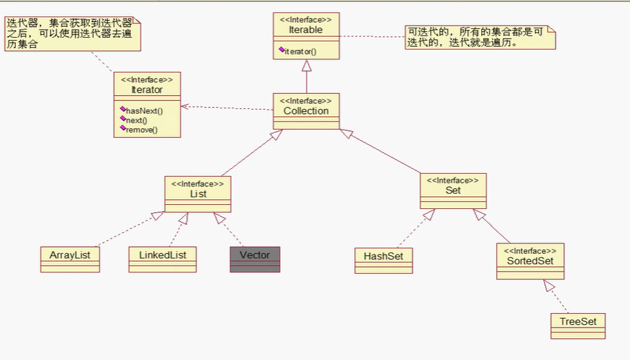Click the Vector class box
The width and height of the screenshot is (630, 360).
pos(255,259)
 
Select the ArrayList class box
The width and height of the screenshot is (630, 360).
pos(70,259)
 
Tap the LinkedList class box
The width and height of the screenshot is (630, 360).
pos(163,259)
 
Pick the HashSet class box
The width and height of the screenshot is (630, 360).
pos(384,260)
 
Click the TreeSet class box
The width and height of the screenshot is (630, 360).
pos(578,325)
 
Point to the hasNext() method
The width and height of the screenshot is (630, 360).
pos(143,110)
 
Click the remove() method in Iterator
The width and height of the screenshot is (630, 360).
pos(141,130)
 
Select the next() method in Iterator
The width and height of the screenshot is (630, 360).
pos(136,120)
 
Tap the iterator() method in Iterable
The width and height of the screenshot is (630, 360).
pos(300,52)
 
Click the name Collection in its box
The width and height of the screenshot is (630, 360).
pos(306,110)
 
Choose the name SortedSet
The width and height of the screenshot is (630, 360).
pos(530,261)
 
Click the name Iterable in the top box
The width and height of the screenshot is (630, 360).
pos(306,30)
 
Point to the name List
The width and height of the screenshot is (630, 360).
pos(198,194)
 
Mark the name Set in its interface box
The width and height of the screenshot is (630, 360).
pos(453,190)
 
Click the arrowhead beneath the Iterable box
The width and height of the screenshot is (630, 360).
pos(307,66)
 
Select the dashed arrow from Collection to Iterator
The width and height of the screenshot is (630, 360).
pos(227,108)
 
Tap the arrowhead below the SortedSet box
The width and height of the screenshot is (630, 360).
pos(548,285)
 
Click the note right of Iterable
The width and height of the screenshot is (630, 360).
pos(480,37)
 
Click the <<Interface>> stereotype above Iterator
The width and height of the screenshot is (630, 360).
pos(147,79)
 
